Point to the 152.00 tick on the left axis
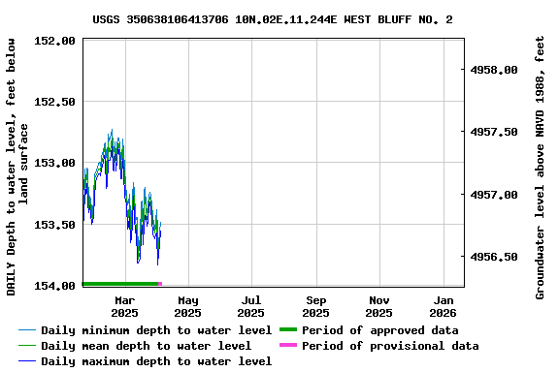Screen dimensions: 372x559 55,41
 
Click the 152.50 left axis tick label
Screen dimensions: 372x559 55,102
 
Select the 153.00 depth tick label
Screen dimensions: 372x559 55,163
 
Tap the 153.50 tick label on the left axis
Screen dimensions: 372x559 55,225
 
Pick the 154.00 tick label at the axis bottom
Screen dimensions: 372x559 55,286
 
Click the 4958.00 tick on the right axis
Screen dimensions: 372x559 495,71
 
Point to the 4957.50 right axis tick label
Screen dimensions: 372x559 495,133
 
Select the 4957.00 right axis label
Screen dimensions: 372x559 495,195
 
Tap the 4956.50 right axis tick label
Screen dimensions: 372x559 495,257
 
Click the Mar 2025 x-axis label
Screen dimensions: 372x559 124,306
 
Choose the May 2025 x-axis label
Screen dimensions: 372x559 188,306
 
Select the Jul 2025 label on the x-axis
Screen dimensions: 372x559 251,306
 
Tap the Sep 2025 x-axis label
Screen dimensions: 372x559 315,306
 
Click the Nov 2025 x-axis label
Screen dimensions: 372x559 379,306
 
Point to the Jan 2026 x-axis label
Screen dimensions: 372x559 443,306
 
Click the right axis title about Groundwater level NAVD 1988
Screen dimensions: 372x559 541,168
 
